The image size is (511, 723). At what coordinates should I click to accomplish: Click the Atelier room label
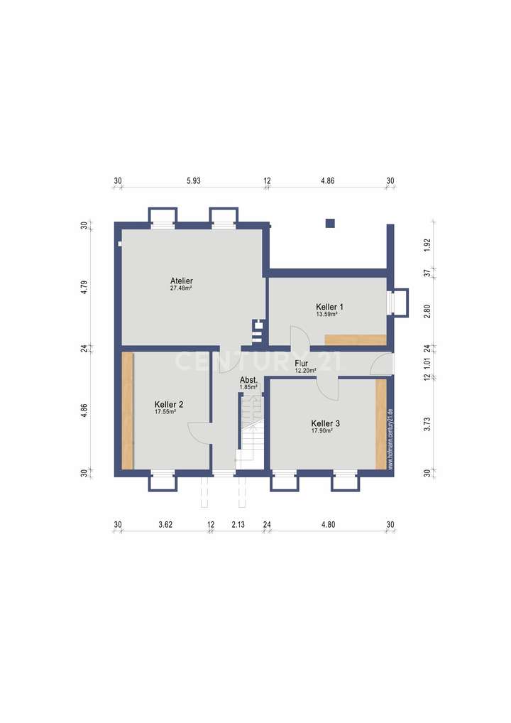click(x=182, y=281)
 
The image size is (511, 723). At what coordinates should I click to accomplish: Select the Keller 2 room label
click(x=169, y=405)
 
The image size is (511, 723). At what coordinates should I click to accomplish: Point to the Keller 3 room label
click(x=326, y=423)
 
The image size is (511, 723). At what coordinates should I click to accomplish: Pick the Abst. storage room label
click(x=248, y=381)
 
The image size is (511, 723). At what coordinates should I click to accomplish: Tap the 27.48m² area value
click(x=182, y=288)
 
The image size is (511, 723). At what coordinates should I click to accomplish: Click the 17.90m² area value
click(x=326, y=430)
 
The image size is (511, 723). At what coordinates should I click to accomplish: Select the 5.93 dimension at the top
click(x=194, y=181)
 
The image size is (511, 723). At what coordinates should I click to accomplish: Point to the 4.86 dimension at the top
click(x=327, y=181)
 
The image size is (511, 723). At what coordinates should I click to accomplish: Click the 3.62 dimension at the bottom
click(x=165, y=525)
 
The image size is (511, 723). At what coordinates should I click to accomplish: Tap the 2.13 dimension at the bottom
click(x=238, y=525)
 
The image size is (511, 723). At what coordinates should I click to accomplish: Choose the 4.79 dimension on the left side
click(x=84, y=288)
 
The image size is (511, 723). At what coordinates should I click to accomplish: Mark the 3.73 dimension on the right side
click(x=427, y=425)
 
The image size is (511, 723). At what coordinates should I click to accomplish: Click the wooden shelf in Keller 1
click(x=356, y=339)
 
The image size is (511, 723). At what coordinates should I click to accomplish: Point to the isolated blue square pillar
click(x=330, y=223)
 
